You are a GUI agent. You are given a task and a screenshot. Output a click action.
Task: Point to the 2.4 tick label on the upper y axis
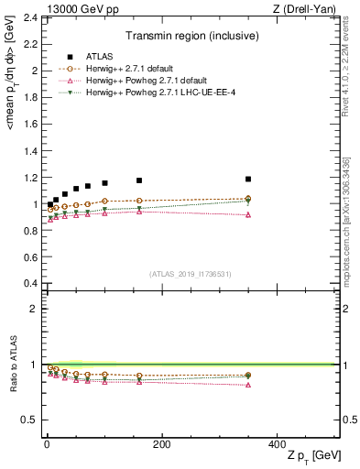[x=30, y=17]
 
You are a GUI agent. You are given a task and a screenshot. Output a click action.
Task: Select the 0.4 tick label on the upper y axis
[x=30, y=283]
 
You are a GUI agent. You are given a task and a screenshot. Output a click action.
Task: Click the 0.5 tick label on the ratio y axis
[x=30, y=420]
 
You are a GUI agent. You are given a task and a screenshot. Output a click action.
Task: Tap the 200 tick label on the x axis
[x=161, y=443]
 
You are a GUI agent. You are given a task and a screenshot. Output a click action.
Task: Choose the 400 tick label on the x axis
[x=276, y=443]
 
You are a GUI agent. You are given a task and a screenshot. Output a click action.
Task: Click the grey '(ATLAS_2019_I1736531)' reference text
[x=190, y=274]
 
